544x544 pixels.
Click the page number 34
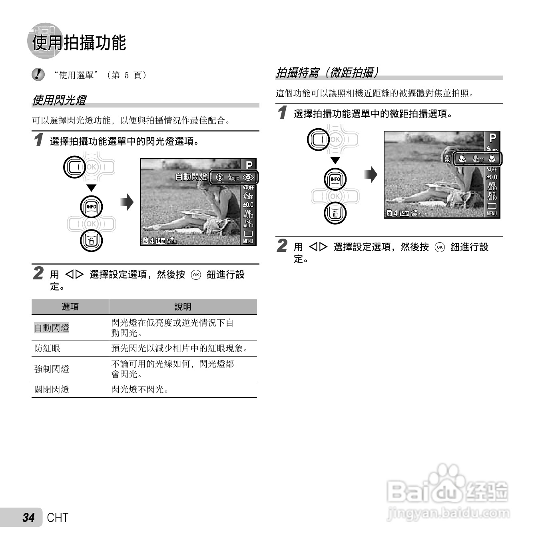tap(28, 518)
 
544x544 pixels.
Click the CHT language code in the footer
tap(58, 518)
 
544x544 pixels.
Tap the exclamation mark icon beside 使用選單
tap(38, 75)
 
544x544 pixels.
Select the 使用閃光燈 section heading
tap(59, 100)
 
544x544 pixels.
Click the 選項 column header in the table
tap(70, 307)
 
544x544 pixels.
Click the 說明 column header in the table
tap(183, 307)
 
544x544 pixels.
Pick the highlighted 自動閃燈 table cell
tap(52, 328)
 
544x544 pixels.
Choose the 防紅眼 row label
tap(47, 349)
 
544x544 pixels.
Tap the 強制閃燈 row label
tap(52, 369)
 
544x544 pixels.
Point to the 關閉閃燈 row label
tap(52, 390)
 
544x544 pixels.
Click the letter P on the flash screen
tap(249, 165)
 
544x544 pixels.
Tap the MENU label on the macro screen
tap(492, 213)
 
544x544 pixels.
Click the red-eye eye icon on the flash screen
tap(249, 177)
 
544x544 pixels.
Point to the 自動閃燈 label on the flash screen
tap(191, 177)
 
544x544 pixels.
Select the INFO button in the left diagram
tap(92, 207)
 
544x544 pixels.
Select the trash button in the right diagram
tap(335, 213)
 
